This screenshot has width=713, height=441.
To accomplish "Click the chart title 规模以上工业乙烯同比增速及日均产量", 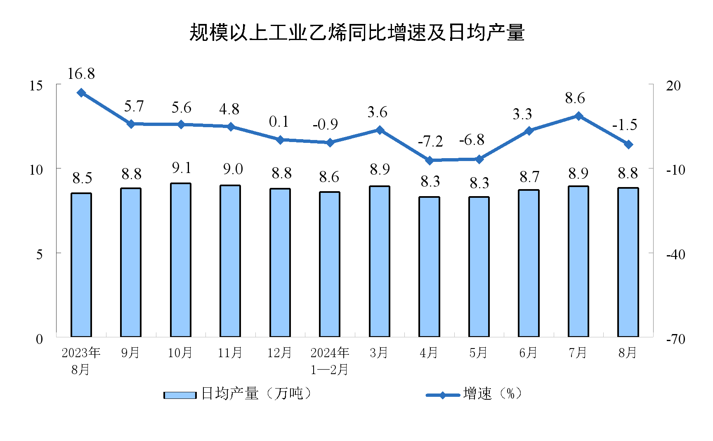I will pos(356,33).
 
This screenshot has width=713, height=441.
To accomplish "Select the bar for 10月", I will pos(181,260).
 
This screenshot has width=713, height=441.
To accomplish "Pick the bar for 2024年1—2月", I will pos(330,264).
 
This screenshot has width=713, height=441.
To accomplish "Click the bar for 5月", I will pos(479,267).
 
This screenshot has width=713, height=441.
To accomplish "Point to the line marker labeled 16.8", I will pos(82,93).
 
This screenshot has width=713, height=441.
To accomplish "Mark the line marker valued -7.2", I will pos(430,160).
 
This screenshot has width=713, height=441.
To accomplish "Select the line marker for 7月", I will pos(578,116).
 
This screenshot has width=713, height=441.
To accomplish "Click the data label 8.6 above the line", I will pos(575,98).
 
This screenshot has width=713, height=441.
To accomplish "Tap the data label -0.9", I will pos(325,124).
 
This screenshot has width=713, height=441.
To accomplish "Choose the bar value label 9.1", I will pos(182,168).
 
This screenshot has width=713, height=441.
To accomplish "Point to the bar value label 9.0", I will pos(233,169).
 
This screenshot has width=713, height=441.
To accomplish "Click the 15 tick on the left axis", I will pos(36,86).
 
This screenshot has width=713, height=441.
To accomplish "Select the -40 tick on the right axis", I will pos(675,254).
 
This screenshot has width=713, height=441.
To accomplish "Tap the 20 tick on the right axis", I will pos(673,86).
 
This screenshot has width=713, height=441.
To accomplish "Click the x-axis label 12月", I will pos(279,353).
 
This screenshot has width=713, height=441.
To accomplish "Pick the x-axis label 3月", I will pos(379,353).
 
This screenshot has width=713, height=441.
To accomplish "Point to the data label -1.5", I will pos(624,125).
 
